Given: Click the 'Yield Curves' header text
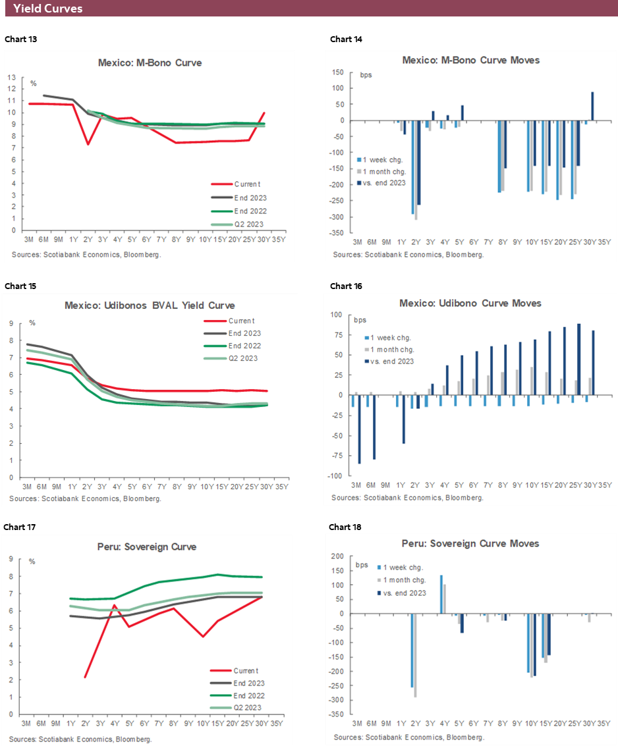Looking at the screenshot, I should pyautogui.click(x=48, y=9).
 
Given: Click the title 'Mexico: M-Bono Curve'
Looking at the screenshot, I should pyautogui.click(x=150, y=63).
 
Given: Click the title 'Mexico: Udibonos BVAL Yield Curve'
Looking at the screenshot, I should pyautogui.click(x=150, y=306).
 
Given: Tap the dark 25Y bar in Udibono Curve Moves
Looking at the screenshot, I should pyautogui.click(x=578, y=360).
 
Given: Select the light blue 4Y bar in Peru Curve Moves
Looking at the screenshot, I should pyautogui.click(x=441, y=595).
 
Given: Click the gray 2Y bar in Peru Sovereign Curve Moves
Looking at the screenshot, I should pyautogui.click(x=416, y=655).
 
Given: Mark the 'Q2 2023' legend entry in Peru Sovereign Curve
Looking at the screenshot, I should pyautogui.click(x=248, y=707).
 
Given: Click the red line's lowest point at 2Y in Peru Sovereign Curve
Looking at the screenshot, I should pyautogui.click(x=86, y=677).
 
